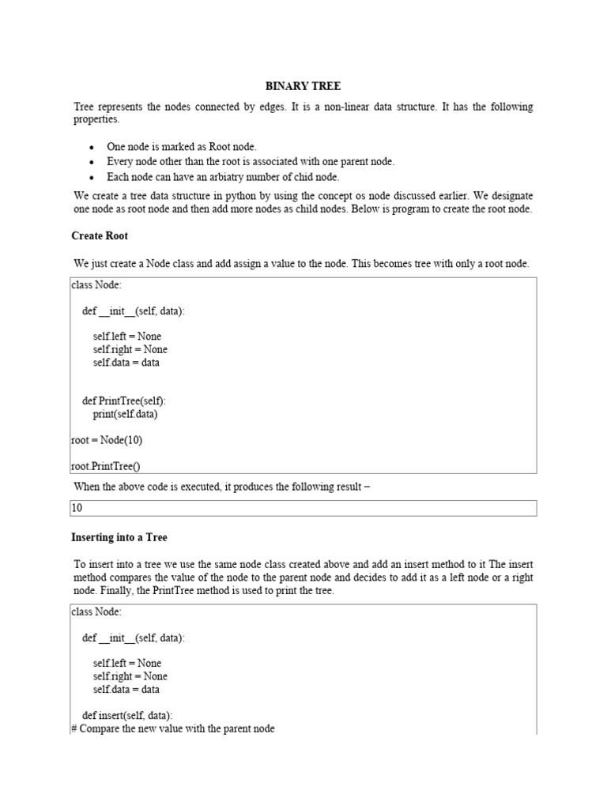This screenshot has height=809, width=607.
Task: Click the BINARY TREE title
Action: coord(303,86)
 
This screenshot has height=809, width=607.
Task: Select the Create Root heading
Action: coord(100,236)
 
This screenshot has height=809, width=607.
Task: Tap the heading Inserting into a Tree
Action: coord(119,537)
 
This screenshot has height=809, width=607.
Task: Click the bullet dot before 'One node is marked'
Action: coord(92,147)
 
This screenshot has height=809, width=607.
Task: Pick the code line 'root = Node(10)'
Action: coord(107,440)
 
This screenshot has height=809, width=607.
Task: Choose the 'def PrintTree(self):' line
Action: coord(124,401)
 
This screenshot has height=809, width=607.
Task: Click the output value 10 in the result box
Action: coord(77,508)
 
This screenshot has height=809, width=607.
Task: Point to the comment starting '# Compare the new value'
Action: coord(173,728)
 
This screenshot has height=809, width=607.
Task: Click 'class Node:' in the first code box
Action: coord(96,284)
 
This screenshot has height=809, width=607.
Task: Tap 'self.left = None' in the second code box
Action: coord(126,663)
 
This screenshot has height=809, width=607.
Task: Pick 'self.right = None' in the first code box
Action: coord(130,349)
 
